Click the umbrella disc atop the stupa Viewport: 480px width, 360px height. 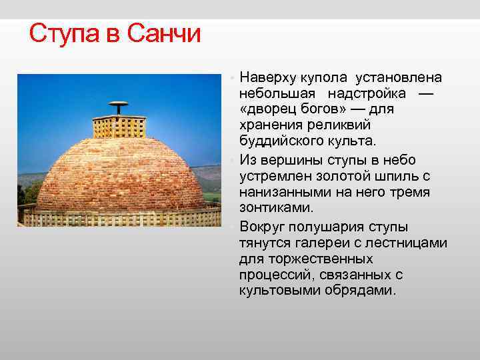pos(119,104)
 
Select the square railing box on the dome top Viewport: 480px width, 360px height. pos(119,127)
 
